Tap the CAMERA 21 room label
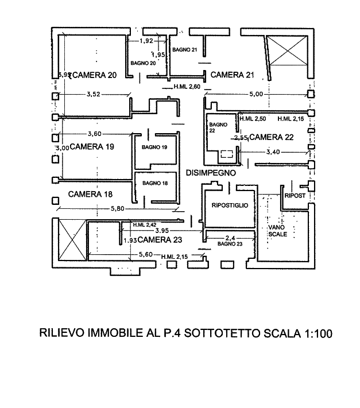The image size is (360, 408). [232, 75]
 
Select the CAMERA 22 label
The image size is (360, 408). [272, 138]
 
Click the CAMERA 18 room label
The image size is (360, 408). [90, 195]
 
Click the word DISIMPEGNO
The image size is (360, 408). [211, 172]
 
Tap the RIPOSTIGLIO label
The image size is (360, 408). [229, 205]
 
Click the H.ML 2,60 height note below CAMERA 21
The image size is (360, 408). [187, 87]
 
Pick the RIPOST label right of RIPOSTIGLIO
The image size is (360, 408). [296, 196]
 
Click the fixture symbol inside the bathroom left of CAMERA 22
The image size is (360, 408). [227, 153]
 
